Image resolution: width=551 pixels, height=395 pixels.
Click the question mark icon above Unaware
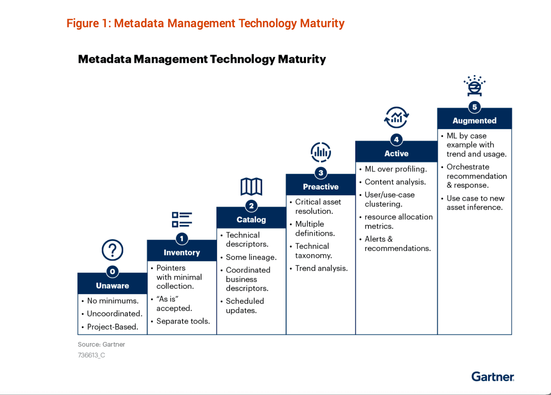click(x=112, y=250)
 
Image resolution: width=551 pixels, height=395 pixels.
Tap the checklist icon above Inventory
click(x=182, y=220)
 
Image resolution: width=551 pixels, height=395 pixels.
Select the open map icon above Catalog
click(x=251, y=186)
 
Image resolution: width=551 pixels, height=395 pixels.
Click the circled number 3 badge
click(x=321, y=173)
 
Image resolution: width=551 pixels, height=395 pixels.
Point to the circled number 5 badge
click(x=475, y=107)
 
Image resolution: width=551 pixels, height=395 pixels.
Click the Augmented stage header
click(x=474, y=121)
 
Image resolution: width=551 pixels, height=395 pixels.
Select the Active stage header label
click(x=396, y=153)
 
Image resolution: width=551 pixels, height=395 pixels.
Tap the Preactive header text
click(x=321, y=187)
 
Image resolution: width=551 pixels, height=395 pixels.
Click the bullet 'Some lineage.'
click(x=251, y=257)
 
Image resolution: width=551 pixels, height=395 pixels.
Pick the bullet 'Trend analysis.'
click(x=321, y=268)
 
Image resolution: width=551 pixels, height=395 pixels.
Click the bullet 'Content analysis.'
click(x=395, y=182)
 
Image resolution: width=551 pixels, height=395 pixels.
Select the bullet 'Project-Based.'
click(x=112, y=327)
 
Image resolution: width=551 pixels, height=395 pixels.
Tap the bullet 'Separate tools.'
click(x=183, y=321)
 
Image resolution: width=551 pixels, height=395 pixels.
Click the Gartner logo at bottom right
click(x=492, y=377)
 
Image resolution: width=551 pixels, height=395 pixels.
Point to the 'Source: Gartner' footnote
click(x=101, y=344)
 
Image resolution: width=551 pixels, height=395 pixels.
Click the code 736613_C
click(x=91, y=355)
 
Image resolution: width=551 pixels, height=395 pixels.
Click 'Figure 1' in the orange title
click(x=88, y=23)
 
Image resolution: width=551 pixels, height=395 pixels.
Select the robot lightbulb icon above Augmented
click(x=475, y=86)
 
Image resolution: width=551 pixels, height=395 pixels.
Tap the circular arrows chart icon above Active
click(x=396, y=118)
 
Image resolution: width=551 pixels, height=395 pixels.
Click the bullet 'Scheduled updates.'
click(x=245, y=306)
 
